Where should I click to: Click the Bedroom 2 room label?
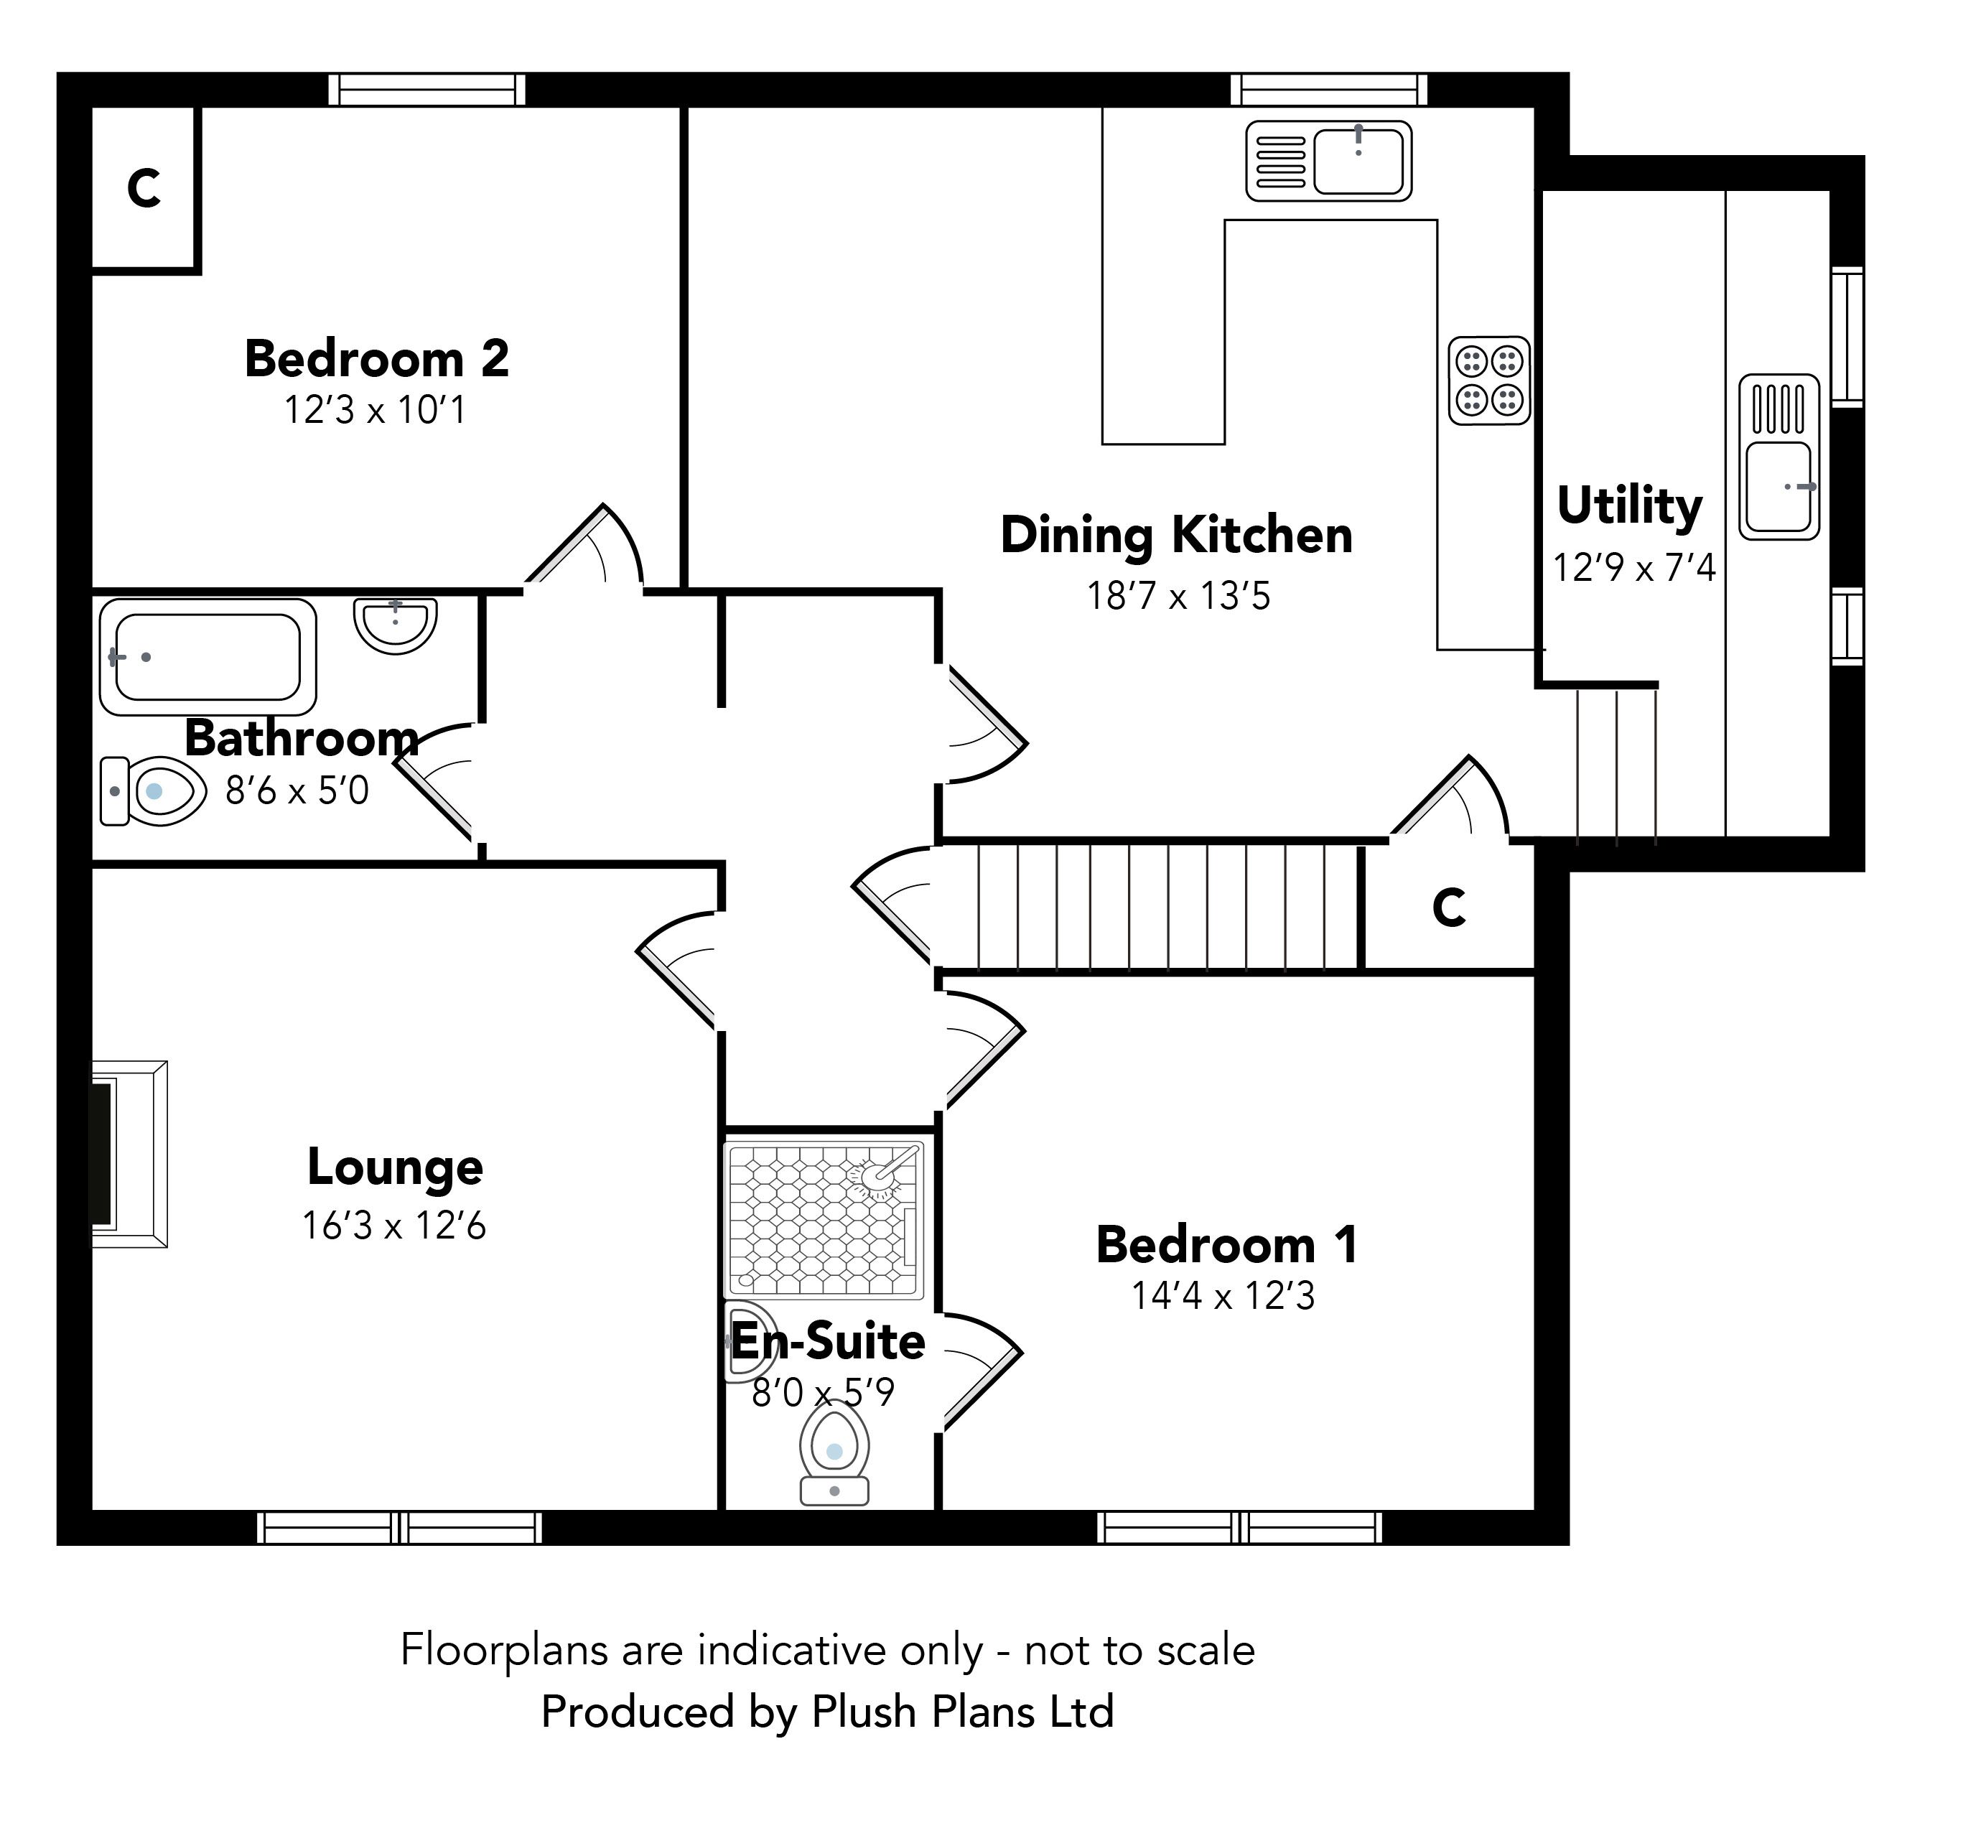tap(377, 358)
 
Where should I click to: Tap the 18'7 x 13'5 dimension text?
tap(1178, 595)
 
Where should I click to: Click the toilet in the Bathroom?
tap(154, 791)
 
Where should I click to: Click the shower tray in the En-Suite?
tap(824, 1220)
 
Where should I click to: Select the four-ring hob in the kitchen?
tap(1489, 381)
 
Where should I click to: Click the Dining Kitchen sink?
tap(1328, 160)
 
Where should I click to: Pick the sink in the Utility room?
tap(1779, 457)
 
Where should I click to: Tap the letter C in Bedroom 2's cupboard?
tap(144, 188)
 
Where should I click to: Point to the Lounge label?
tap(395, 1167)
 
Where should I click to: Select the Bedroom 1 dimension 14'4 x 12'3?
tap(1223, 1296)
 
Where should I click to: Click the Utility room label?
tap(1630, 506)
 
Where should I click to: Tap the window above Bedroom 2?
tap(427, 89)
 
